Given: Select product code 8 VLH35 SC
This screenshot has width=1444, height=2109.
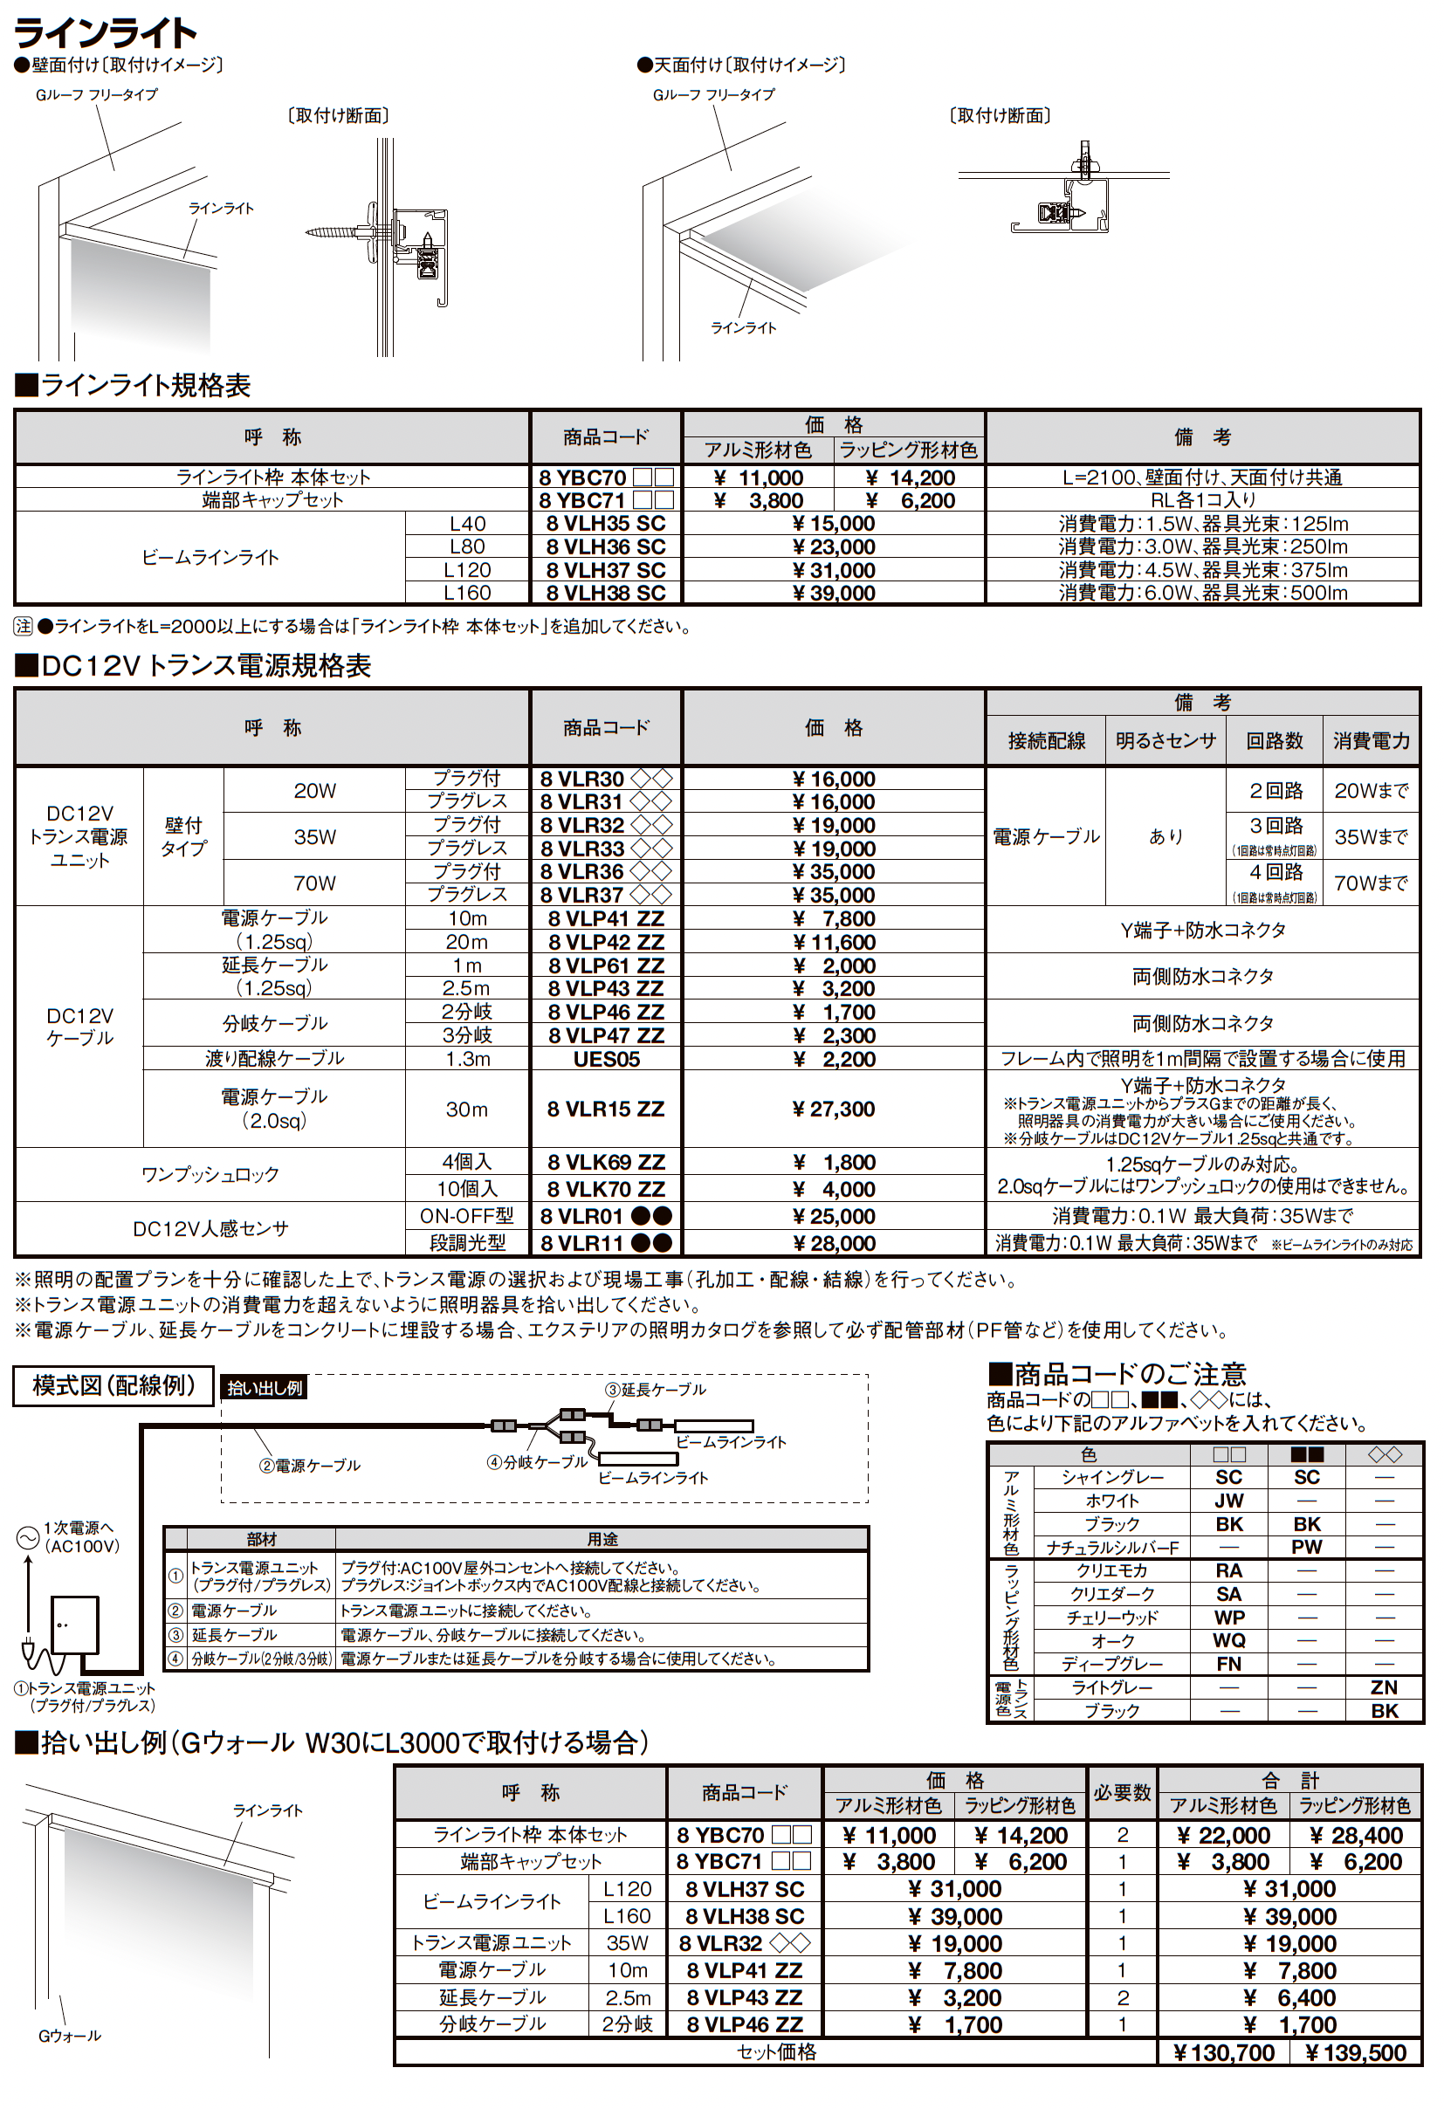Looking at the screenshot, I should tap(605, 524).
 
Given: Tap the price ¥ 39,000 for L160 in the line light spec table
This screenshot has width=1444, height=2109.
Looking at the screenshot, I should tap(833, 593).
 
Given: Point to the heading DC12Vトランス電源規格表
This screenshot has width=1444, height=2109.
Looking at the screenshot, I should tap(193, 665).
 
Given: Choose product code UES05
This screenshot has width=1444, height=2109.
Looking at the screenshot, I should tap(605, 1059).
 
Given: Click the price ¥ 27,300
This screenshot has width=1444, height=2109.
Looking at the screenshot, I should tap(833, 1108).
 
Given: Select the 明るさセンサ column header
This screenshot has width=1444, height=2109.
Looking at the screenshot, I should tap(1166, 740).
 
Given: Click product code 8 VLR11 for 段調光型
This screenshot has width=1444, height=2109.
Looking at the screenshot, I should tap(605, 1242).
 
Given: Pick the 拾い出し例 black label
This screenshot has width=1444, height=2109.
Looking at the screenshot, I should tap(265, 1388).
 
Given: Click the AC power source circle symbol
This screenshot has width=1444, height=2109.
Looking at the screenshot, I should tap(26, 1537).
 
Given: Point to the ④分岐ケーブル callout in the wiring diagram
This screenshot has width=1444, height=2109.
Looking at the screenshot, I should tap(537, 1462).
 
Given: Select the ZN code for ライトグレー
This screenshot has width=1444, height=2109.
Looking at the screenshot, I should tap(1383, 1687).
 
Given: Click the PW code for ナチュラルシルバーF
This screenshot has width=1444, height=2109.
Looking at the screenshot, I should tap(1306, 1546).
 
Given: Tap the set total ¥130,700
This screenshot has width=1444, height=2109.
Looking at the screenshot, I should tap(1222, 2052).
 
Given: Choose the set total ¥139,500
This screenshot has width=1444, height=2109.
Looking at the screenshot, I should tap(1355, 2052).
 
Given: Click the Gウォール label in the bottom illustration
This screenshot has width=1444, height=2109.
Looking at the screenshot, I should tap(70, 2036).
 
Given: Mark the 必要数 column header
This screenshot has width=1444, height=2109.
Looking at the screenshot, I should tap(1122, 1792).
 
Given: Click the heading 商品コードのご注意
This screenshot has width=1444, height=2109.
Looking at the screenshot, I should tap(1117, 1373).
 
